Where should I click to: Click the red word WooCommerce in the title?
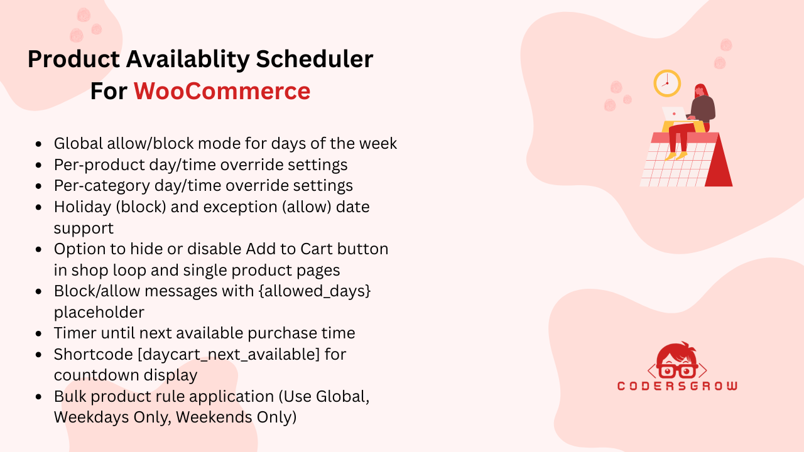point(222,91)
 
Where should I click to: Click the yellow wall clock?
point(667,83)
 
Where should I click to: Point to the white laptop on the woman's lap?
point(674,114)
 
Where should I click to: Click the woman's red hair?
point(702,92)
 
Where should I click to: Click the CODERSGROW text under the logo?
point(677,385)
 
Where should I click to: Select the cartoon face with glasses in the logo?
point(677,362)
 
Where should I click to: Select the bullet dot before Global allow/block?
point(40,144)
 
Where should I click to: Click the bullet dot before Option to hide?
point(40,250)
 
